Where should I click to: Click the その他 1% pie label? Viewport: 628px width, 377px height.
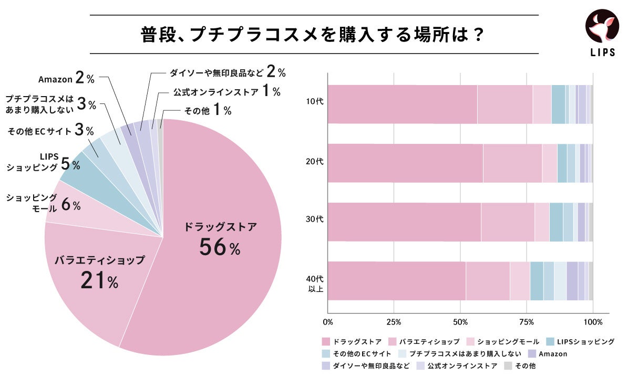pos(208,110)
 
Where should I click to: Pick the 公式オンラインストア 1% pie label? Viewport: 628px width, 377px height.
pos(227,91)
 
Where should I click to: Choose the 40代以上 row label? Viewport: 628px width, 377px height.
pos(315,282)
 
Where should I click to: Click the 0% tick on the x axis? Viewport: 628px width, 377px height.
pos(328,322)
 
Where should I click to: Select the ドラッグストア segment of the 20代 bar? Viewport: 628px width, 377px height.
pos(405,163)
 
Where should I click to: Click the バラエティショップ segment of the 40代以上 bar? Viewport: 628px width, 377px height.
pos(487,280)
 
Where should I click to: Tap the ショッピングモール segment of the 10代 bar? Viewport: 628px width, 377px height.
pos(541,104)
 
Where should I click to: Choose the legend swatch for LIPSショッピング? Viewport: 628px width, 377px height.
pos(550,342)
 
